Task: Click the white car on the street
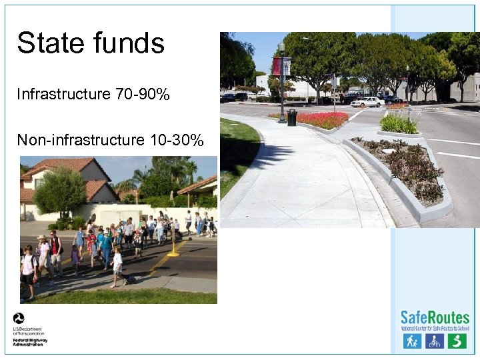coord(366,102)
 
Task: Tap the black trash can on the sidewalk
coord(292,117)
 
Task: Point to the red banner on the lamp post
coord(277,66)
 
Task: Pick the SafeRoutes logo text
coord(435,317)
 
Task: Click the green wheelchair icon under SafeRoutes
coord(457,341)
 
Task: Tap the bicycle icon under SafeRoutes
coord(435,341)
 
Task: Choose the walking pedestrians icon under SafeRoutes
coord(412,341)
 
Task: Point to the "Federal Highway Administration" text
coord(30,342)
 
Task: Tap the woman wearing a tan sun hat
coord(43,252)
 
